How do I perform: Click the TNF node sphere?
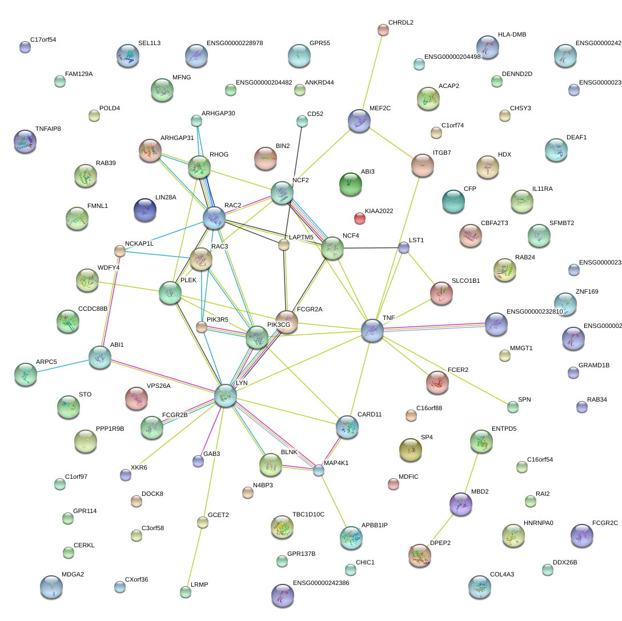click(372, 331)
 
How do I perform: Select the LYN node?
click(226, 395)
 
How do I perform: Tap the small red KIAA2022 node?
click(359, 218)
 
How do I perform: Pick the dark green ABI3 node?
click(350, 183)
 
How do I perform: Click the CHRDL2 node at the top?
click(383, 30)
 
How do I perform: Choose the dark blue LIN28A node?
click(145, 210)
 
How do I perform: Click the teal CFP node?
click(454, 201)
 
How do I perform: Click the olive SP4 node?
click(410, 450)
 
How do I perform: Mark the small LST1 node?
click(404, 247)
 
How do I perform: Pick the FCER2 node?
click(438, 382)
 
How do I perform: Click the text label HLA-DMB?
click(512, 35)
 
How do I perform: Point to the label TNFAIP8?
click(48, 129)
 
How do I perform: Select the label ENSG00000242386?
click(320, 583)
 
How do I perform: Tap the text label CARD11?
click(369, 415)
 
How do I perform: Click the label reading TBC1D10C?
click(308, 515)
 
